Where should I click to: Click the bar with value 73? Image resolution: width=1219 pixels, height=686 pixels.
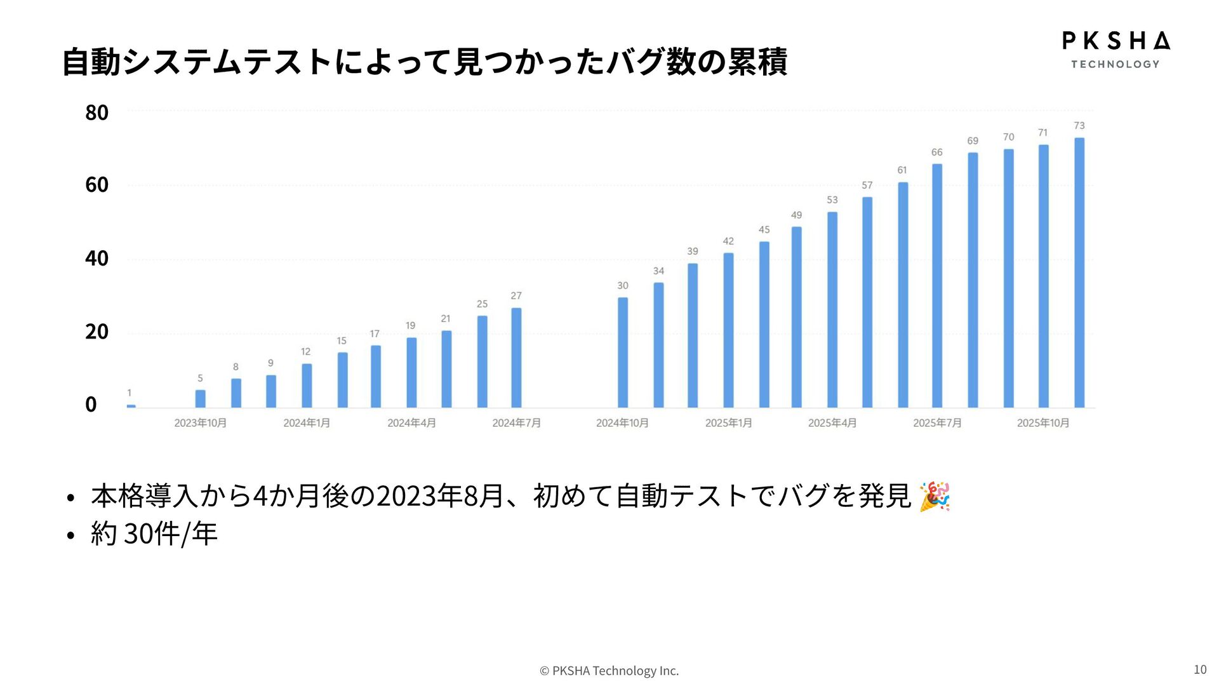(1079, 272)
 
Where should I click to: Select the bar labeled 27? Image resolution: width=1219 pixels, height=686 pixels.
(516, 358)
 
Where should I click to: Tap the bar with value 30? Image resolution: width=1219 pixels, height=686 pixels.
(623, 353)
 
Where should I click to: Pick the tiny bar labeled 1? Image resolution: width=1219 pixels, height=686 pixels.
(131, 406)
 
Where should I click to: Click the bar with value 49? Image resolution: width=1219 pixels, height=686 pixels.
(796, 317)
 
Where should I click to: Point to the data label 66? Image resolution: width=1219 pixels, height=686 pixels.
(936, 152)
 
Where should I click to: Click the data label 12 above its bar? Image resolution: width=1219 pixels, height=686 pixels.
(305, 352)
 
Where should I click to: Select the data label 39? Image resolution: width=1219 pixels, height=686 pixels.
(692, 252)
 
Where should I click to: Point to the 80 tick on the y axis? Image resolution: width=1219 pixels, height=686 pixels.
(97, 113)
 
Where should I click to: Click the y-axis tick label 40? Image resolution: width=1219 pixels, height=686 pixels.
(97, 259)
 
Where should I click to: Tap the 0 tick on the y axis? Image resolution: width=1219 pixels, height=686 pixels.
(91, 405)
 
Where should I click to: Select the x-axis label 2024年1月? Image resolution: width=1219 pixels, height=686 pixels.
(307, 423)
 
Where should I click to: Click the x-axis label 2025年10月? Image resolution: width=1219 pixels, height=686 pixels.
(1042, 423)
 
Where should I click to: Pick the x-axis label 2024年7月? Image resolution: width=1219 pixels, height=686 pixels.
(516, 423)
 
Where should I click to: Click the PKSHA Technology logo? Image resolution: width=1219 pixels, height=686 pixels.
(1116, 50)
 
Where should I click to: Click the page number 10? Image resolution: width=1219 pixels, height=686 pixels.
(1199, 669)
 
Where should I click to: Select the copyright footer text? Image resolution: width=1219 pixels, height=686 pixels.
(609, 671)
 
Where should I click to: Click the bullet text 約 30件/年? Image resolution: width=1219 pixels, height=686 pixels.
(154, 534)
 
